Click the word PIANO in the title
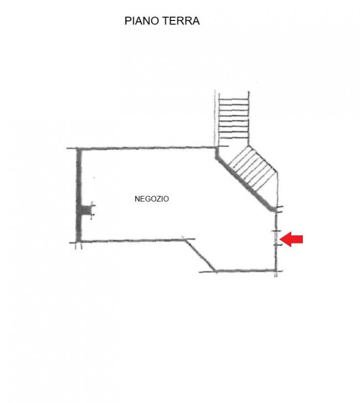pyautogui.click(x=141, y=21)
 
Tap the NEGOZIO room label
pyautogui.click(x=152, y=199)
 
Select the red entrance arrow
pyautogui.click(x=291, y=239)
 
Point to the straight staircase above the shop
pyautogui.click(x=234, y=118)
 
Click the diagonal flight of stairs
pyautogui.click(x=253, y=169)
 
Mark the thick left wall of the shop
pyautogui.click(x=79, y=195)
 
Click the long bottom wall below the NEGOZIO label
pyautogui.click(x=132, y=241)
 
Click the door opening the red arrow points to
pyautogui.click(x=276, y=238)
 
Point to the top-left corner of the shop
pyautogui.click(x=79, y=149)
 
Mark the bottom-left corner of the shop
pyautogui.click(x=79, y=241)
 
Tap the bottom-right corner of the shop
pyautogui.click(x=276, y=271)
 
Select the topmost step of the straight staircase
pyautogui.click(x=234, y=99)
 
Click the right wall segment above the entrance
pyautogui.click(x=276, y=221)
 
